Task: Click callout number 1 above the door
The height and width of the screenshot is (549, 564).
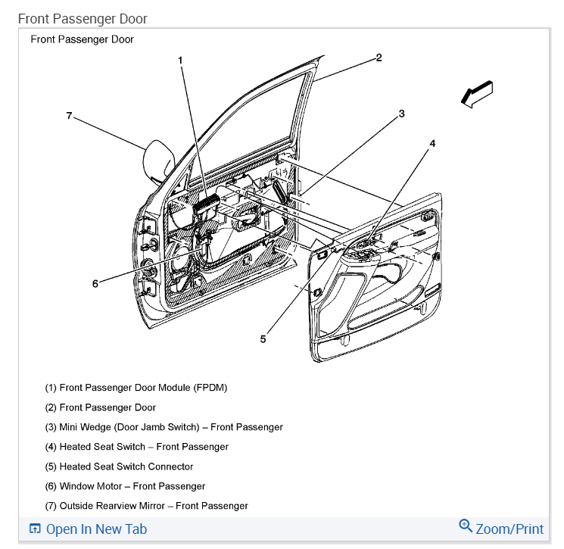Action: (181, 60)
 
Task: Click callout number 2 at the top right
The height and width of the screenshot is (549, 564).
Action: (379, 58)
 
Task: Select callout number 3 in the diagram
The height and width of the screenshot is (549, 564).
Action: (402, 114)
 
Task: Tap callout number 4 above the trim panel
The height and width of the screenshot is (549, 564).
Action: (433, 142)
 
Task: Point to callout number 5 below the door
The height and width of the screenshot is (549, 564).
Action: (263, 339)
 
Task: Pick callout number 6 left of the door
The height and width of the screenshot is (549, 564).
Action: (95, 284)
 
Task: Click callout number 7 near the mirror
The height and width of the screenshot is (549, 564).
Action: (69, 116)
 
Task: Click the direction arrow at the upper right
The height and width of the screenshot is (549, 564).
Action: (477, 94)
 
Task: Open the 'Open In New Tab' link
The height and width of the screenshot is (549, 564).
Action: (96, 529)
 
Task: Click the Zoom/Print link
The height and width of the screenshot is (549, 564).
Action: (509, 529)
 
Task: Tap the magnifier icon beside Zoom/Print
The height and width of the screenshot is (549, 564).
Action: (466, 526)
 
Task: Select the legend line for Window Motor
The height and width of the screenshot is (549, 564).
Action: (125, 486)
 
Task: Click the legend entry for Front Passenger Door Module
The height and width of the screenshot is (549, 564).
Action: (136, 388)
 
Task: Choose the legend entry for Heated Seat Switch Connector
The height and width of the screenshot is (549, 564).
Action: (119, 466)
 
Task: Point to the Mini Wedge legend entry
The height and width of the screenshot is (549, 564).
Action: (164, 427)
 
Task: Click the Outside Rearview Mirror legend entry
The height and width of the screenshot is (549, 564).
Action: (146, 506)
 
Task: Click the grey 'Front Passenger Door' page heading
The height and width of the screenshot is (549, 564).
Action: (83, 18)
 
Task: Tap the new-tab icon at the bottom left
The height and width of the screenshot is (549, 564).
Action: (34, 529)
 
